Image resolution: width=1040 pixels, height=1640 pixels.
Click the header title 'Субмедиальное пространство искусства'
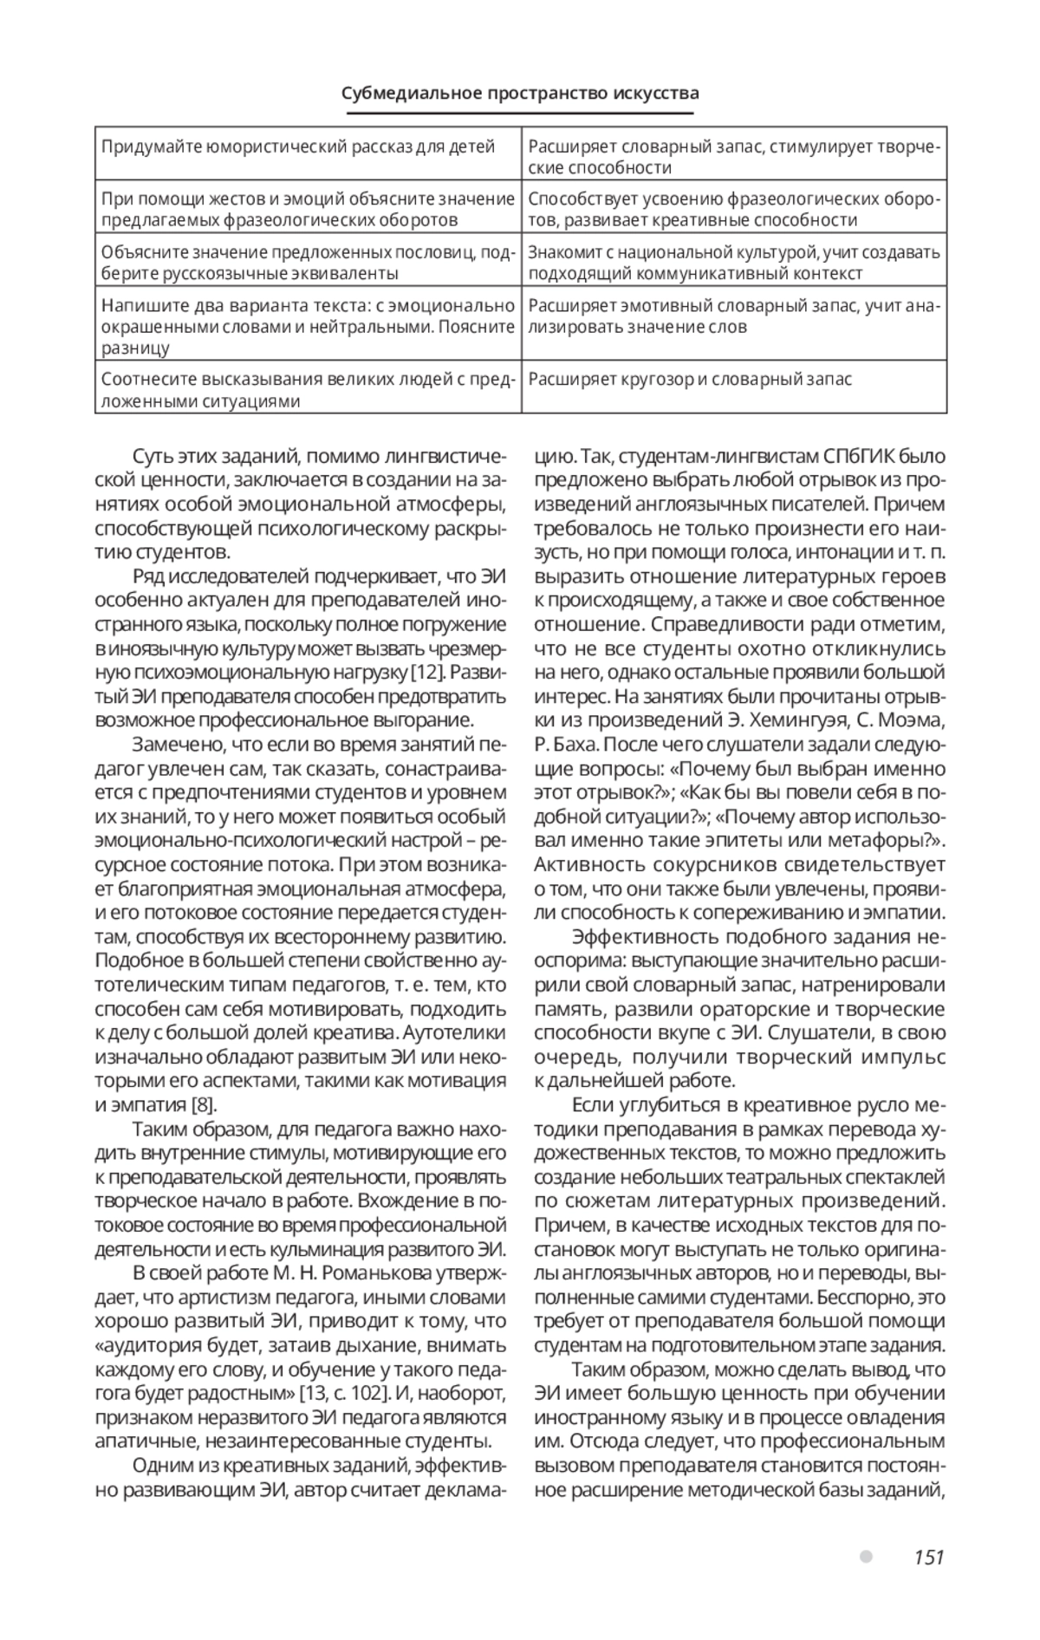(x=519, y=93)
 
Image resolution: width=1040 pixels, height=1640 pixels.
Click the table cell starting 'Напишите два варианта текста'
(x=308, y=327)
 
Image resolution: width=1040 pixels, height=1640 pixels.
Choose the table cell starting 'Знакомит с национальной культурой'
(x=733, y=263)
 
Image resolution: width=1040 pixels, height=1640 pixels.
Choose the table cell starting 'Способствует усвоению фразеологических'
(x=733, y=209)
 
